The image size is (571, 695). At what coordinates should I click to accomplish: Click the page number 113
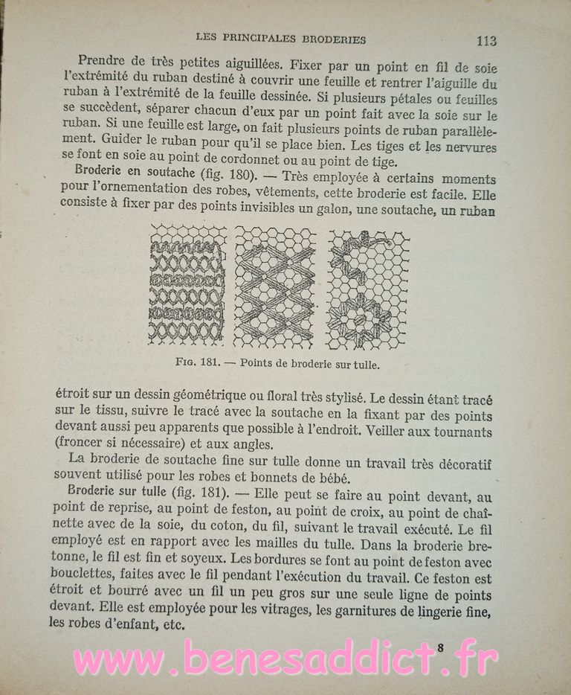coord(487,39)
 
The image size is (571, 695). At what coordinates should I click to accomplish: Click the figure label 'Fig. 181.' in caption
coord(195,365)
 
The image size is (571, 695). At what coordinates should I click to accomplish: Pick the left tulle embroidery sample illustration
coord(187,285)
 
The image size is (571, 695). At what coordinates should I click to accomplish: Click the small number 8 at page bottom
coord(441,647)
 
